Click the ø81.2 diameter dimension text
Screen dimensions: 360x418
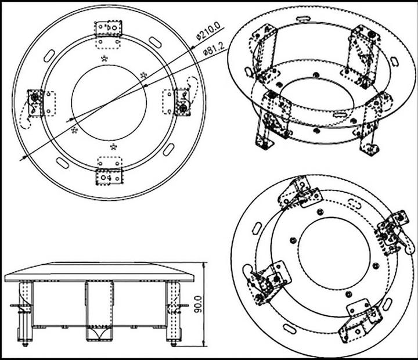(214, 52)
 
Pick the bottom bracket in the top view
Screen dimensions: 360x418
(109, 172)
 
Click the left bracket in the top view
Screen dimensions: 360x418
(37, 102)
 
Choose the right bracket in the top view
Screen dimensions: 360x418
(182, 102)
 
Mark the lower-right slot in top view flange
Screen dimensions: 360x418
(168, 149)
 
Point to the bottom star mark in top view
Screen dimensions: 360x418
(113, 146)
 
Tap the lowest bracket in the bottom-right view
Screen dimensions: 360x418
(360, 321)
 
